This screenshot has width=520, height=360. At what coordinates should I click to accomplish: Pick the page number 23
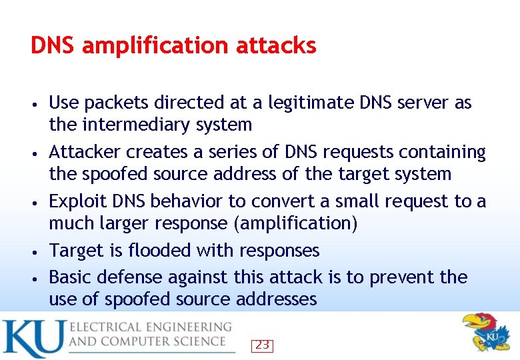tap(262, 345)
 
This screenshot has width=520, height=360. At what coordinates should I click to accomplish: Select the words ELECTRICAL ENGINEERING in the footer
tap(151, 328)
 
